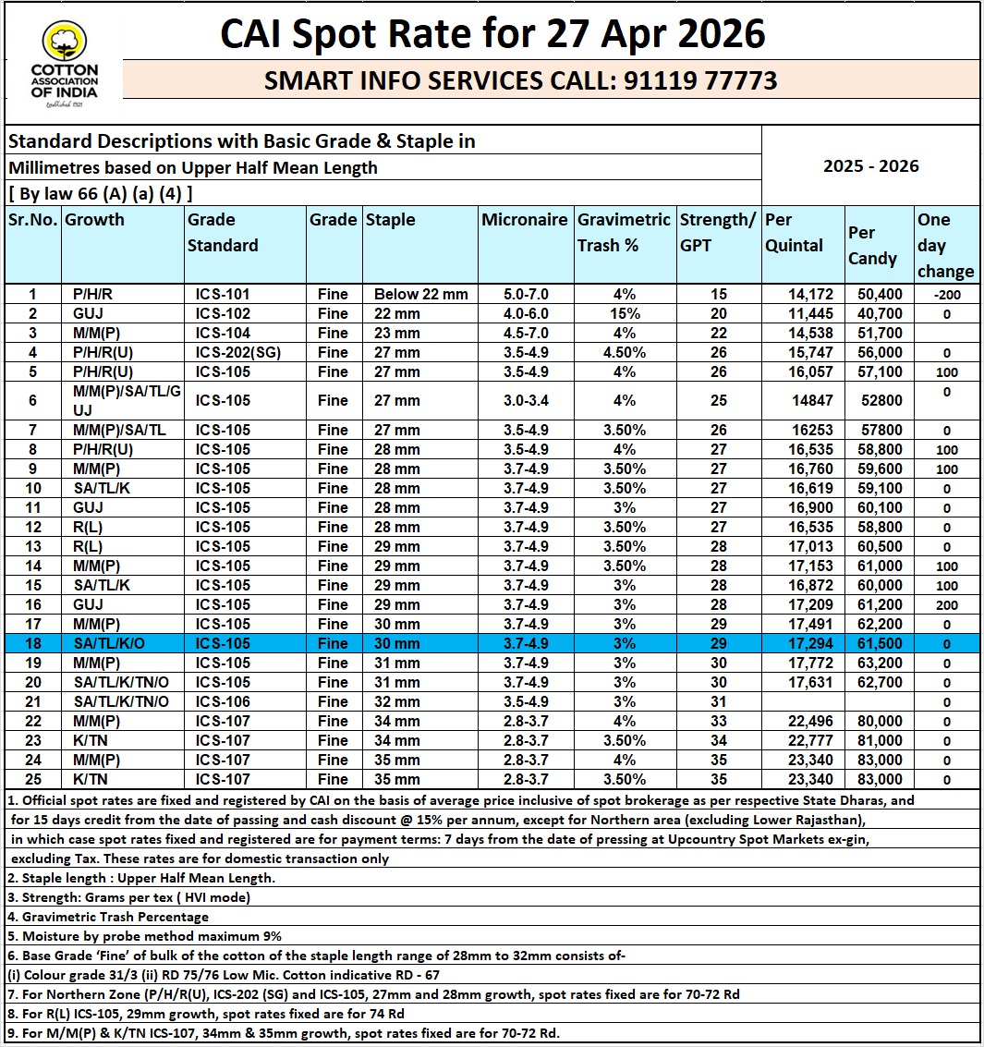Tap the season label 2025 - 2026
point(870,166)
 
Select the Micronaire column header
point(525,220)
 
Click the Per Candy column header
point(872,246)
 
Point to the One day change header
point(945,245)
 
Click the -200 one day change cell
point(946,295)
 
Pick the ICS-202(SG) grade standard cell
point(236,353)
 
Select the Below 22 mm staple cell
point(420,295)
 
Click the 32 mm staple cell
point(396,702)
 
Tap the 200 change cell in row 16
point(946,605)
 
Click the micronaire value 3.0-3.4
point(525,401)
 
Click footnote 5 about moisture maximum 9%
point(145,937)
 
